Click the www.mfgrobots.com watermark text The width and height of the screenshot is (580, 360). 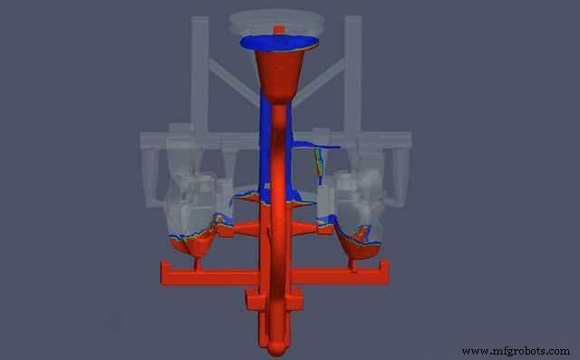(516, 351)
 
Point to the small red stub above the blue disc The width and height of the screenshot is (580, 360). (278, 30)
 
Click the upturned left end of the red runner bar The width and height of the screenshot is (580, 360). (165, 271)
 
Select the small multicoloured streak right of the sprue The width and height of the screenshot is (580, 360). (318, 162)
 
